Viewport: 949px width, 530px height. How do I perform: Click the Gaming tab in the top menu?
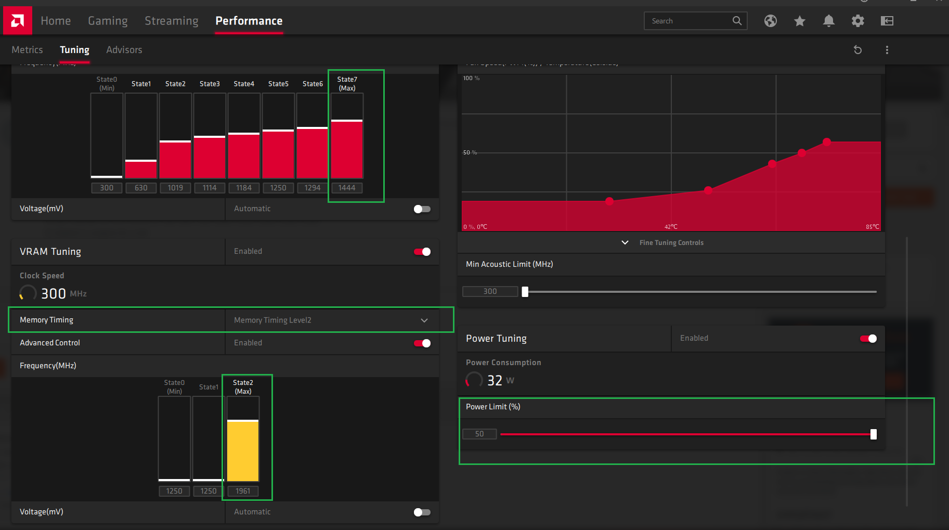(x=108, y=21)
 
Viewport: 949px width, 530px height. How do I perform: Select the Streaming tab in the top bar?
(x=171, y=21)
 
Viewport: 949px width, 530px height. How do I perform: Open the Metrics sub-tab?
(x=27, y=50)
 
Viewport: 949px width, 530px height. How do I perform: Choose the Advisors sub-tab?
(x=124, y=50)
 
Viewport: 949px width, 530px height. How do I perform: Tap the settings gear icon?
(x=857, y=21)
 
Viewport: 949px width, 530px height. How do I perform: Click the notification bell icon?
(x=828, y=21)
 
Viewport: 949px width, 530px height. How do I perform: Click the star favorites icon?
(x=799, y=21)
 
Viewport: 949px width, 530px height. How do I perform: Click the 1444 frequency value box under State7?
(x=347, y=188)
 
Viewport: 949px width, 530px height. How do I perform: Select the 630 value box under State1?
(x=141, y=188)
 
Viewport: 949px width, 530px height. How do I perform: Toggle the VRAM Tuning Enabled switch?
(x=422, y=252)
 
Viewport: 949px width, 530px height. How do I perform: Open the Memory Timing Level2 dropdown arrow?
(x=424, y=320)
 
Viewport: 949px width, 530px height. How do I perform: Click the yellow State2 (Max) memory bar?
(x=243, y=450)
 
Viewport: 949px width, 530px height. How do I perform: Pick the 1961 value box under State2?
(x=243, y=491)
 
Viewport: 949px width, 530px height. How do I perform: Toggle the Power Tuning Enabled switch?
(x=868, y=339)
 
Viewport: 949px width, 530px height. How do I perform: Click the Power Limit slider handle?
(x=874, y=434)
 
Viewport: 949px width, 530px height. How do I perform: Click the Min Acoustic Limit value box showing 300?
(x=490, y=291)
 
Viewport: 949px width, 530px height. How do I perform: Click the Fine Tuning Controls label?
(x=671, y=243)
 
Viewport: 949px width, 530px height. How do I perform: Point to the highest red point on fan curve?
(x=827, y=141)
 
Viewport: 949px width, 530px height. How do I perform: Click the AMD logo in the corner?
(x=17, y=21)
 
